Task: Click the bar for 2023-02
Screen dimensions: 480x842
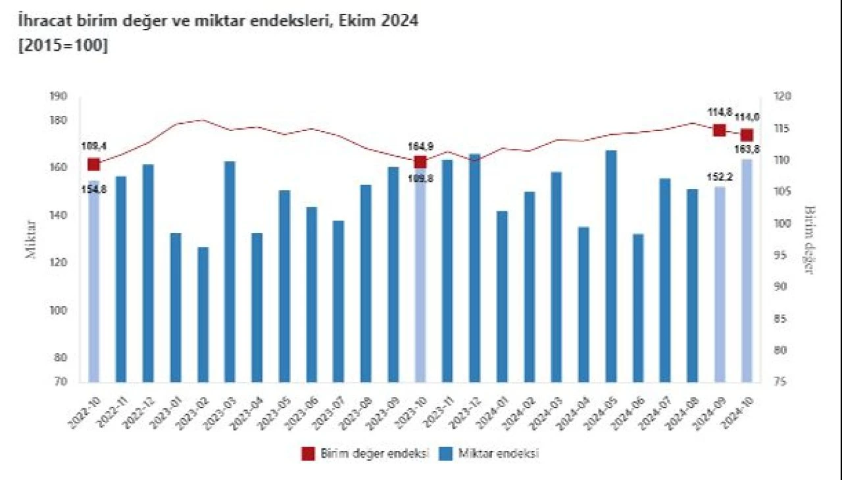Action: (203, 314)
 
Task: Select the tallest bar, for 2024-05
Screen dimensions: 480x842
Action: (611, 266)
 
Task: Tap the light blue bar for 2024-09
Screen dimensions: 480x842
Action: (720, 284)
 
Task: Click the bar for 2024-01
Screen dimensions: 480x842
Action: (502, 296)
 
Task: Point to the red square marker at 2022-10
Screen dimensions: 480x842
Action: (93, 165)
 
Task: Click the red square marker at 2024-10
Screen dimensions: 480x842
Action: (747, 136)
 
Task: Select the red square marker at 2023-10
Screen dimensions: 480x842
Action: (420, 162)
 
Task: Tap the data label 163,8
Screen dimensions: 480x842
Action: (747, 149)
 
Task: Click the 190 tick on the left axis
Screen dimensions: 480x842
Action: (58, 97)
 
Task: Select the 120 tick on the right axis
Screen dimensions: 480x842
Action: (783, 97)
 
